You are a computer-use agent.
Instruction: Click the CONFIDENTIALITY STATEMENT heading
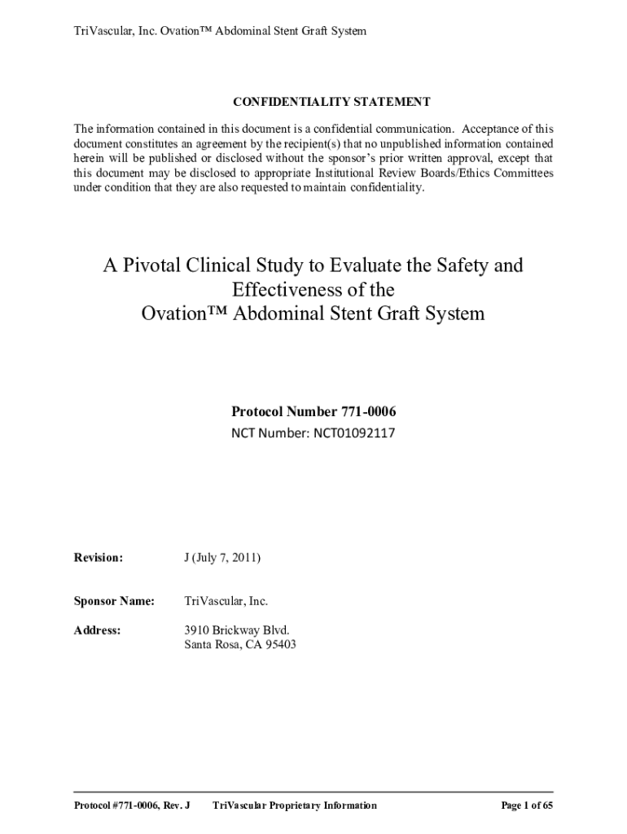[331, 102]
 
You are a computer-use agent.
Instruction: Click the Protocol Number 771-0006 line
[313, 412]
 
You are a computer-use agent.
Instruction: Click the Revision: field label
[99, 558]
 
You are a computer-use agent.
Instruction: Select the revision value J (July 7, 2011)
[221, 558]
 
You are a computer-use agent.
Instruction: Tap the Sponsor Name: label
[115, 601]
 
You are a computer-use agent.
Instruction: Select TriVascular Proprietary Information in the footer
[294, 805]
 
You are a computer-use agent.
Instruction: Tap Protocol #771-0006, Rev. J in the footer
[132, 805]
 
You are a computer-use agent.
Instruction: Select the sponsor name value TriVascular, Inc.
[226, 601]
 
